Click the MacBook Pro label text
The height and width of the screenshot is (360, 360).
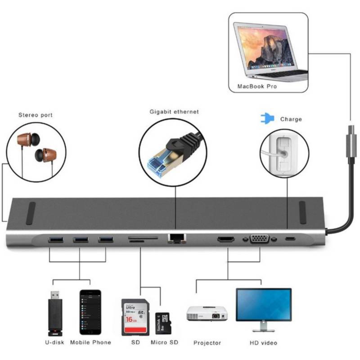[x=257, y=86]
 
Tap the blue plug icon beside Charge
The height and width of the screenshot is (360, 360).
[x=267, y=119]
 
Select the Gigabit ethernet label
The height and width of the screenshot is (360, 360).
[x=174, y=112]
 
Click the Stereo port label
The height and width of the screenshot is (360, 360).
[x=35, y=115]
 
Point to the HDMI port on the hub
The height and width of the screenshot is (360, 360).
[x=226, y=239]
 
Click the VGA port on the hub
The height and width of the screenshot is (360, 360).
[x=260, y=239]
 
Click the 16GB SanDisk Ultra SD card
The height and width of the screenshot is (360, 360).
[x=135, y=317]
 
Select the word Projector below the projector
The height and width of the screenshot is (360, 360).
[x=207, y=343]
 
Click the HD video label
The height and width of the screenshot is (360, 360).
[x=263, y=343]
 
